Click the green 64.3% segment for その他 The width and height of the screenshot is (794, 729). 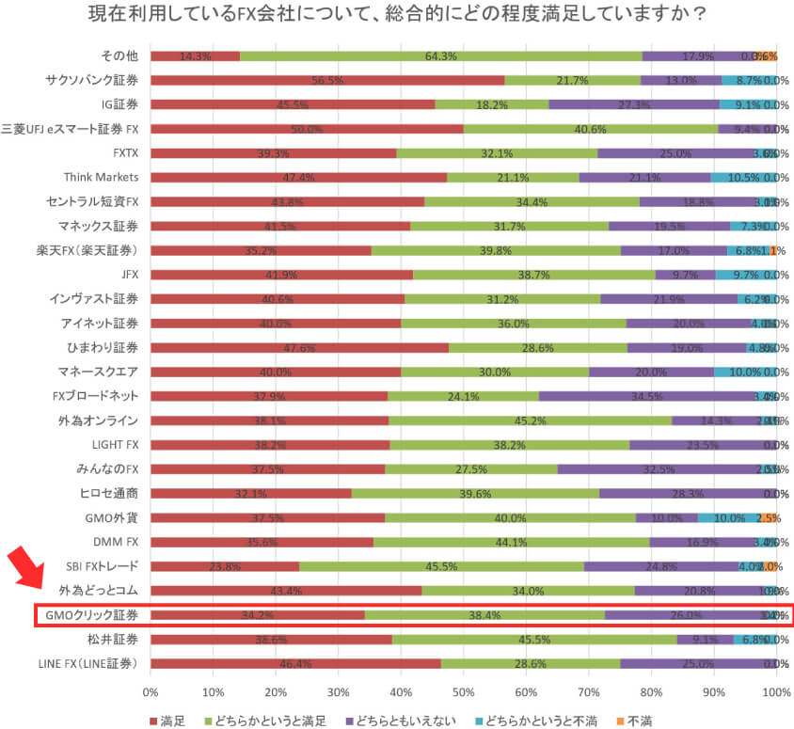(440, 55)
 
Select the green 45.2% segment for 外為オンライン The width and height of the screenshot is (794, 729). (530, 420)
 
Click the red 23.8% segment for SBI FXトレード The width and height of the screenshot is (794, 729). (224, 566)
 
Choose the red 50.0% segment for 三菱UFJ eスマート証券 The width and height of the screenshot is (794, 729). (307, 129)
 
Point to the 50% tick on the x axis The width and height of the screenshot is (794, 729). (463, 691)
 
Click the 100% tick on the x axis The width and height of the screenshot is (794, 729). (775, 691)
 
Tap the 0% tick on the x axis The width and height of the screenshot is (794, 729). (151, 691)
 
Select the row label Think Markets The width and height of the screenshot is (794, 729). (102, 177)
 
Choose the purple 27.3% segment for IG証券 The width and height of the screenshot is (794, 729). (634, 104)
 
